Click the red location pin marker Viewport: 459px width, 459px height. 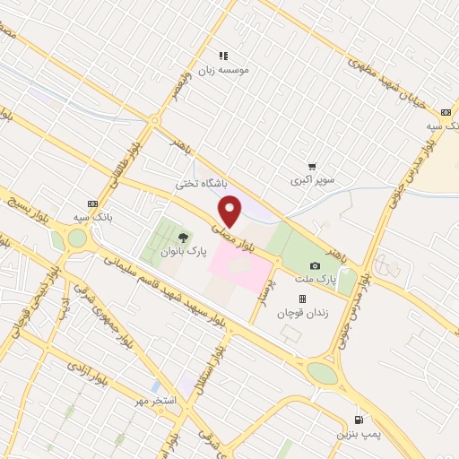pos(230,212)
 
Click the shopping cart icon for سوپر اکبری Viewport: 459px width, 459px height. pos(311,167)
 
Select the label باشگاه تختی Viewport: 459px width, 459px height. pos(202,183)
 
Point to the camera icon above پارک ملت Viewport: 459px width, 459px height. pos(315,266)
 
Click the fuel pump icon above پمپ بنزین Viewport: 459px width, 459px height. pos(359,420)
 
